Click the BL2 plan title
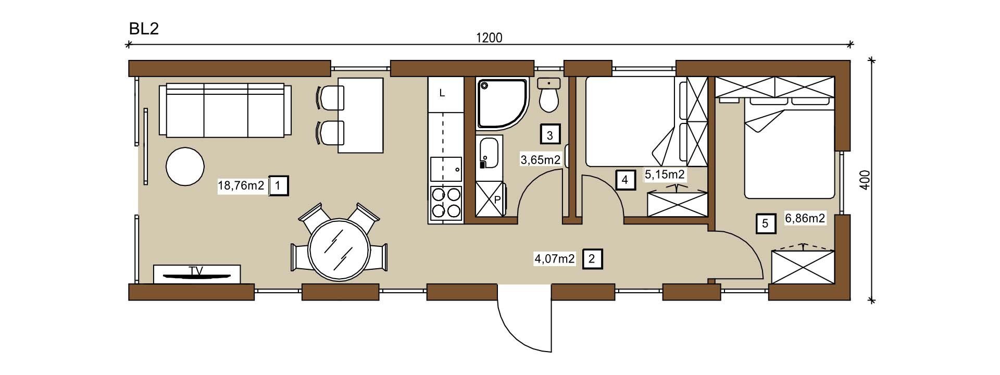[x=144, y=29]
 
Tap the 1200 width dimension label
[x=489, y=37]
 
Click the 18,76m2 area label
[x=241, y=185]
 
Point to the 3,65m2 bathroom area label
[x=541, y=159]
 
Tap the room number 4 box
[x=625, y=180]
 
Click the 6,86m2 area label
[x=805, y=218]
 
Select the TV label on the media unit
[x=196, y=270]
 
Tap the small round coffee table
[x=184, y=166]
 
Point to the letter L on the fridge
[x=442, y=94]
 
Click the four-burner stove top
[x=446, y=203]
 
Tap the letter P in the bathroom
[x=497, y=199]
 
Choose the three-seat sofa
[x=226, y=110]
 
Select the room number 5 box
[x=765, y=223]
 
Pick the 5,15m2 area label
[x=665, y=174]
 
